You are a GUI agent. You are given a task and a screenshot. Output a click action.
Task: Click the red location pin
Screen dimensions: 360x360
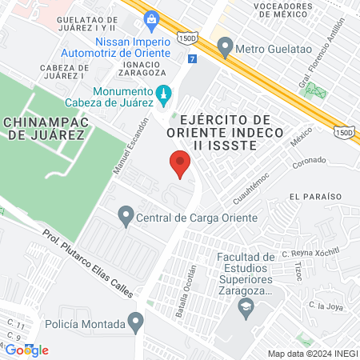[180, 165]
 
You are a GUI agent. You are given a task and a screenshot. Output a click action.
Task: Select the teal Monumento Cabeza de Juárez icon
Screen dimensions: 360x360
[164, 95]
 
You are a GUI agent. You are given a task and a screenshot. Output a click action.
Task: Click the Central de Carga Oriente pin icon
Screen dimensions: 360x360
[126, 214]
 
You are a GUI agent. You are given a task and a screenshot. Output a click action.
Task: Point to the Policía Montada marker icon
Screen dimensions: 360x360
[137, 323]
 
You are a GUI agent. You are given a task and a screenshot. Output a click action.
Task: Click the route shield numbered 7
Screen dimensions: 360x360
[191, 59]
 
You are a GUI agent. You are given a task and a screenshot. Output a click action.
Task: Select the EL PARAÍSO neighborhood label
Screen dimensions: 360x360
[316, 196]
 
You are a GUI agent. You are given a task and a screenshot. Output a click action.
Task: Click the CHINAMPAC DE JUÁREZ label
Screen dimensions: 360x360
[44, 129]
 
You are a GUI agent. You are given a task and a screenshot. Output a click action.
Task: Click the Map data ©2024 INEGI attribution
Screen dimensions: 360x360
[312, 353]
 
